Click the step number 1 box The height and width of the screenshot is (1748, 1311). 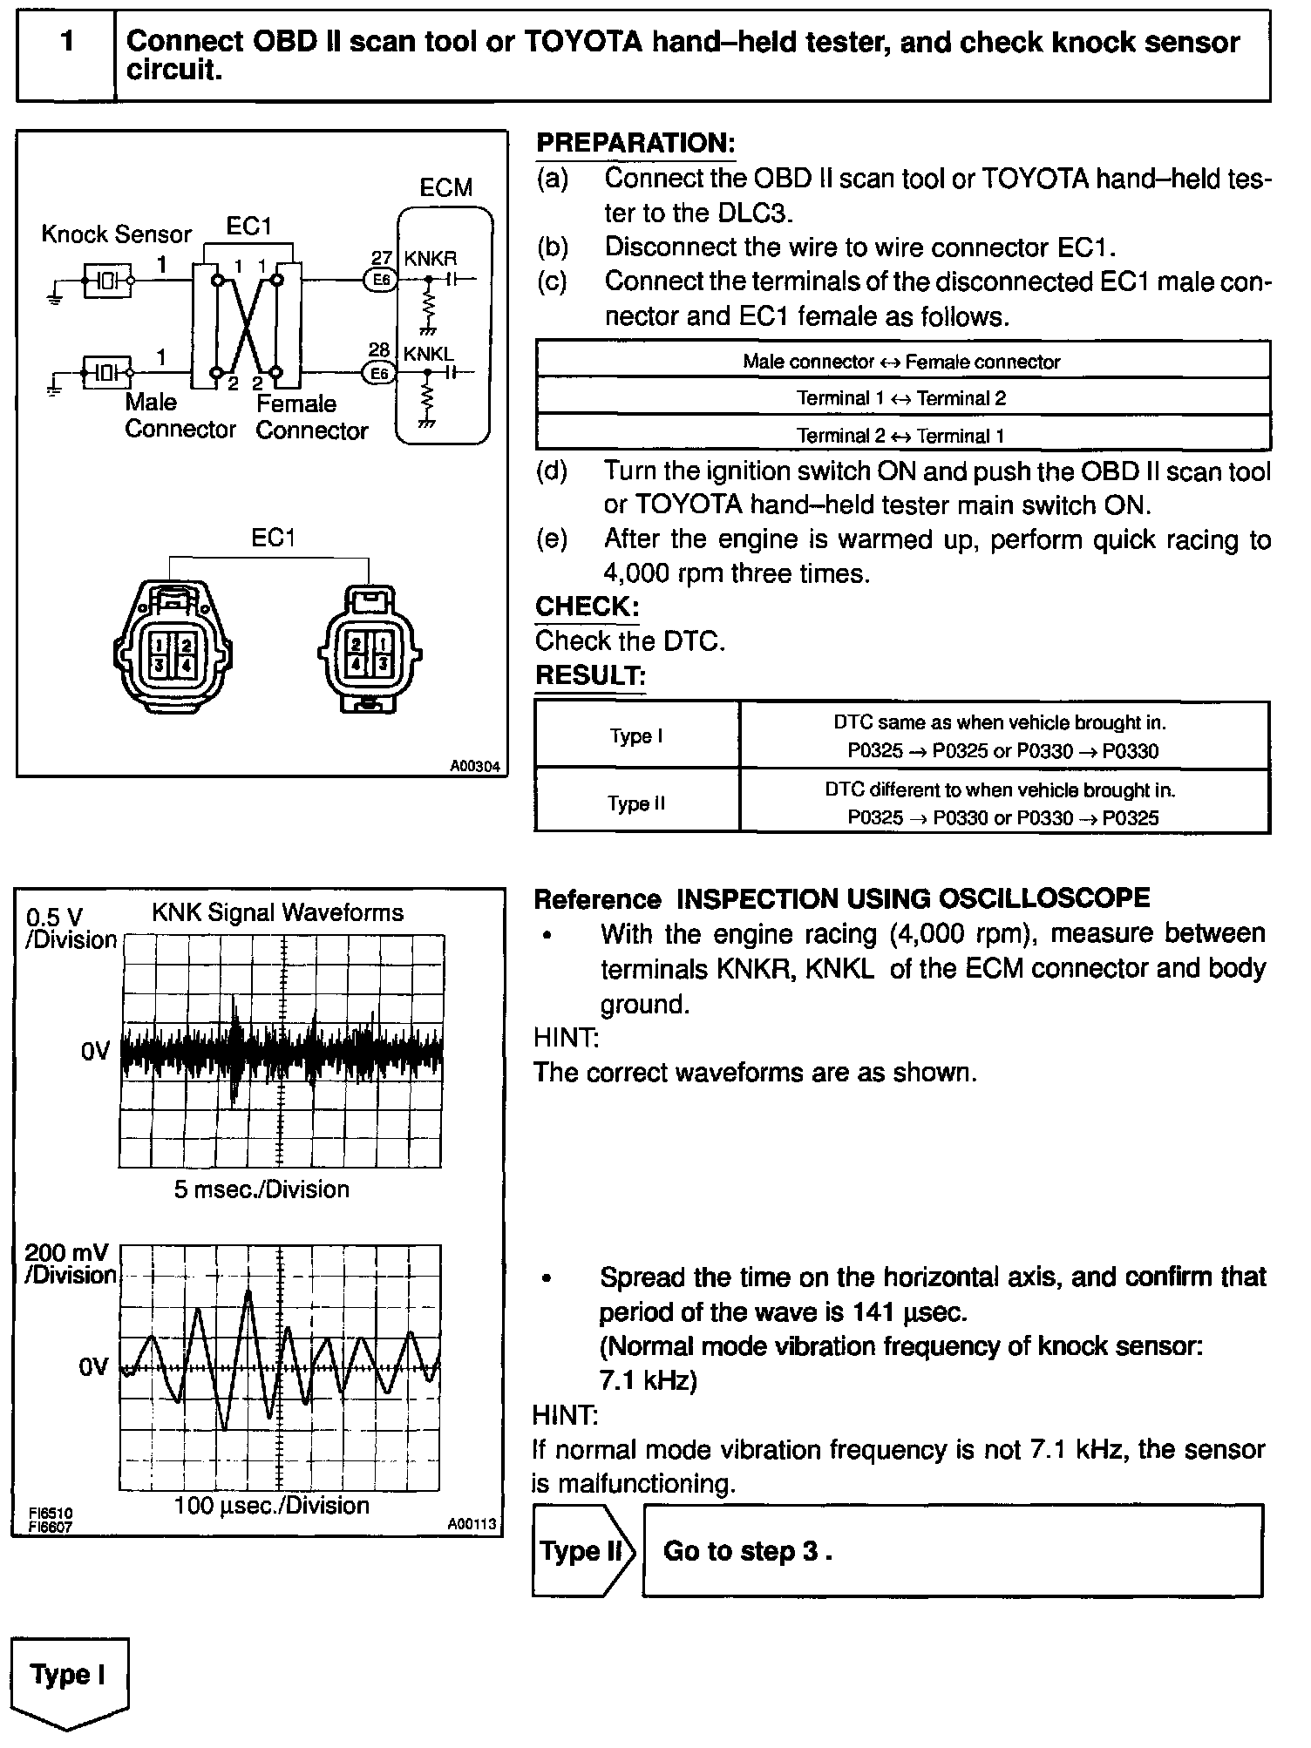pos(66,55)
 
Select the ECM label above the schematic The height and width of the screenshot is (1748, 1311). pos(445,187)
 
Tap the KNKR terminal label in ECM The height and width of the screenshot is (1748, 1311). pos(430,259)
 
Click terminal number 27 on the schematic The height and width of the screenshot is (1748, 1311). pos(381,258)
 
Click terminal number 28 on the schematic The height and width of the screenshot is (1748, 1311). pos(379,350)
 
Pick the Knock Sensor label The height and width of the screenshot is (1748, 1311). pos(116,234)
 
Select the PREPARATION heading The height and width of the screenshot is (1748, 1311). pos(635,143)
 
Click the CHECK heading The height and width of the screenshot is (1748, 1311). pos(587,606)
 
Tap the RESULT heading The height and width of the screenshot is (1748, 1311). pos(590,675)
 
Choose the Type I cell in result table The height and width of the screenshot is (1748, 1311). pos(636,736)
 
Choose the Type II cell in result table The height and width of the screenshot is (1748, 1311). pos(636,803)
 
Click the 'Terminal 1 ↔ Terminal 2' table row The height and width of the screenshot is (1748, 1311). pos(901,398)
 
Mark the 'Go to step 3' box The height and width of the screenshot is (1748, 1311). pos(952,1551)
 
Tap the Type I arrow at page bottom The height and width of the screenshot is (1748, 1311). pos(68,1677)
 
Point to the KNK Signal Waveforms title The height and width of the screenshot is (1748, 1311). pos(277,913)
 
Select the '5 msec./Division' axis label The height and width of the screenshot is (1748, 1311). pos(262,1189)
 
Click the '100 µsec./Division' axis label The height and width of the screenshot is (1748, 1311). pos(271,1506)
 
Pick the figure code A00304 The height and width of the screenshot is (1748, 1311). pos(475,767)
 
